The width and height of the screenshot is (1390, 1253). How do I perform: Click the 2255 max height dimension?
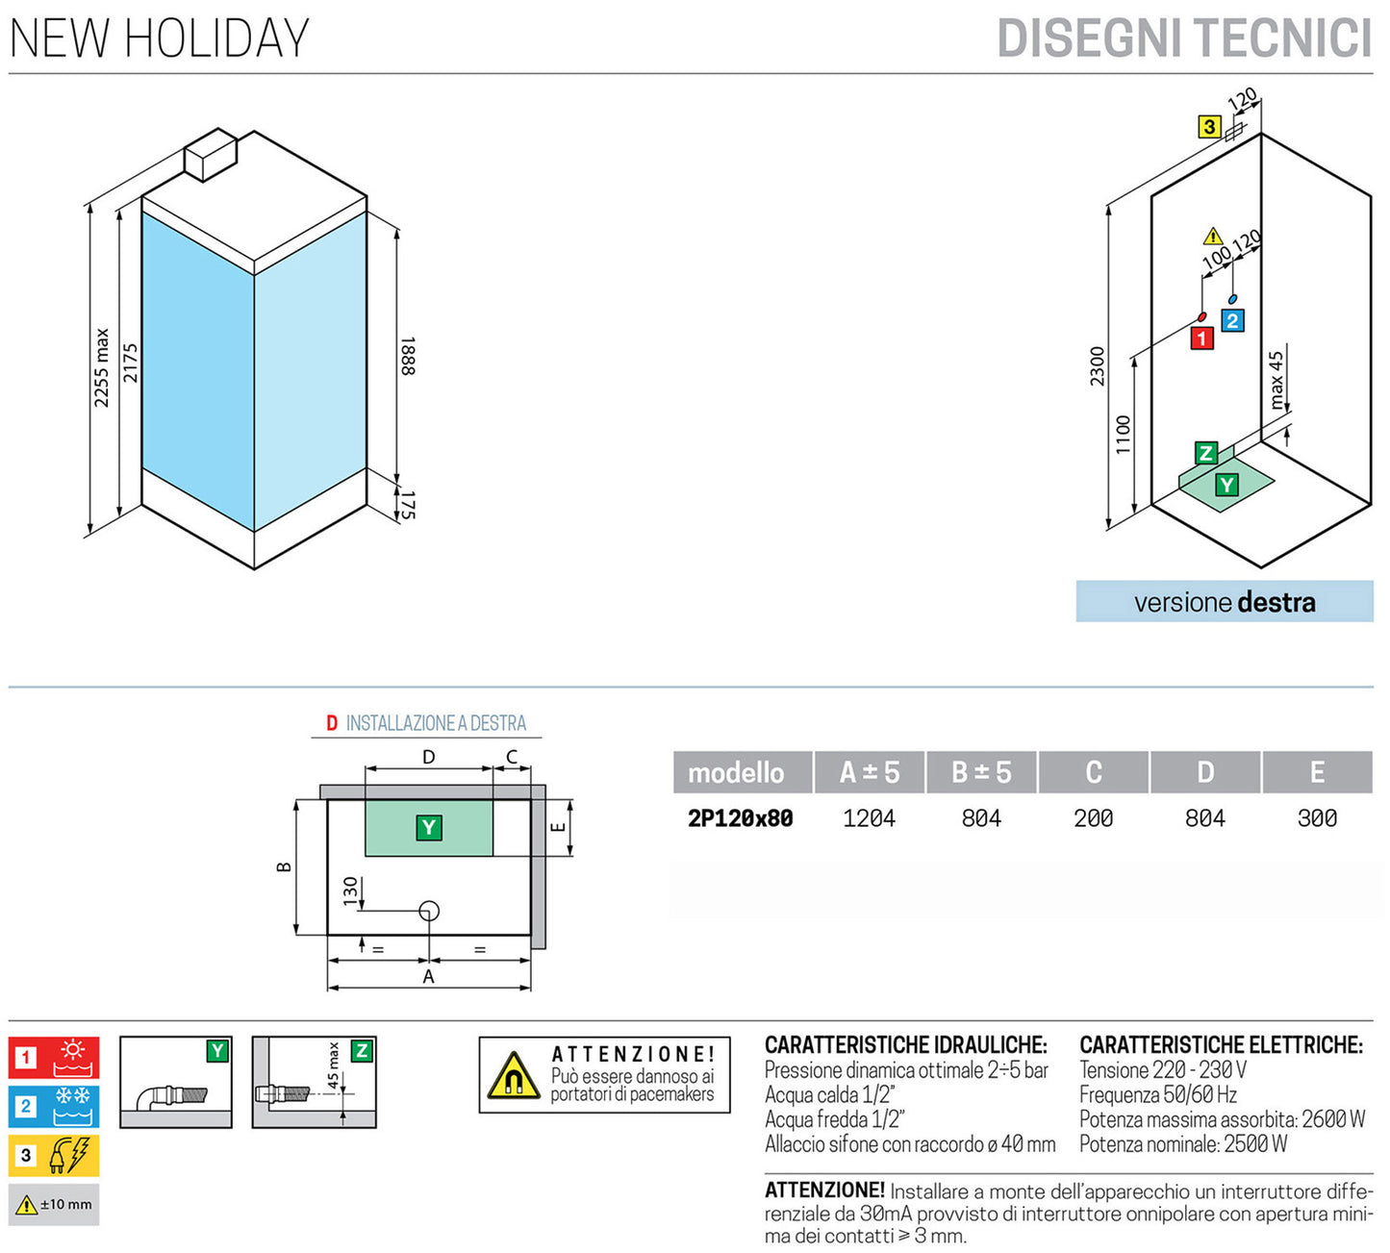point(102,367)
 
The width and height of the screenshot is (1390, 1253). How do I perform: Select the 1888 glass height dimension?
point(407,356)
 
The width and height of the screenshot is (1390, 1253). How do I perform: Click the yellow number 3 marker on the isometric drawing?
point(1209,126)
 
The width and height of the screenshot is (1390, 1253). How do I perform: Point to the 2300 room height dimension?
point(1098,366)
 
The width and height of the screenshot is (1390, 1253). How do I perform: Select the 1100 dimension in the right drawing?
point(1124,435)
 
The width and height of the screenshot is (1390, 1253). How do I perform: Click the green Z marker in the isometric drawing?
point(1205,453)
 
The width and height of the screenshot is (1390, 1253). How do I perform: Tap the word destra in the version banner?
point(1276,603)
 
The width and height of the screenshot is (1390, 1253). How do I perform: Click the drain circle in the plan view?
point(429,911)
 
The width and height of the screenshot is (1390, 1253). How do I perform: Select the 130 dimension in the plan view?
point(350,889)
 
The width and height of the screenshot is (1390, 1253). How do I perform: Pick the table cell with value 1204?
point(869,818)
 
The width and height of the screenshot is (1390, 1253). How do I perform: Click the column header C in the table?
point(1093,772)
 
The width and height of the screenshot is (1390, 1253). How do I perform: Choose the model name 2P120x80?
point(740,818)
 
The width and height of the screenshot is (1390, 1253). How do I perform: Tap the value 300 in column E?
point(1317,818)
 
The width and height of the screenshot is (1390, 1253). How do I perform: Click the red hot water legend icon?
point(54,1058)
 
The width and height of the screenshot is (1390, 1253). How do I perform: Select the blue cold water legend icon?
point(54,1107)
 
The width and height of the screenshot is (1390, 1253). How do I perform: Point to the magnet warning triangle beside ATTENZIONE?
point(512,1076)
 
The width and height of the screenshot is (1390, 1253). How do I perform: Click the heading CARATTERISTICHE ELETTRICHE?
point(1221,1044)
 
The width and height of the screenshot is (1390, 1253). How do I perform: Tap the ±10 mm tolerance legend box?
point(54,1204)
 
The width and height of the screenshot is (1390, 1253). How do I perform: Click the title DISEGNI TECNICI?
point(1184,38)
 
